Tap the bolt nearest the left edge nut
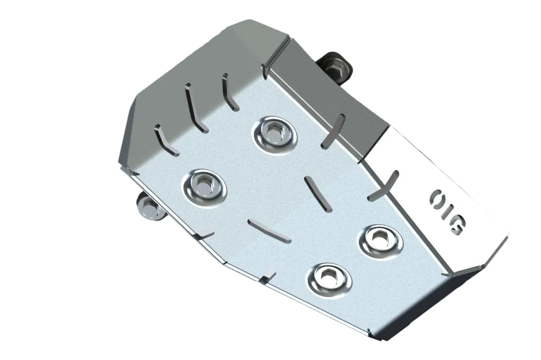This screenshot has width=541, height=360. pos(203,186)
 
